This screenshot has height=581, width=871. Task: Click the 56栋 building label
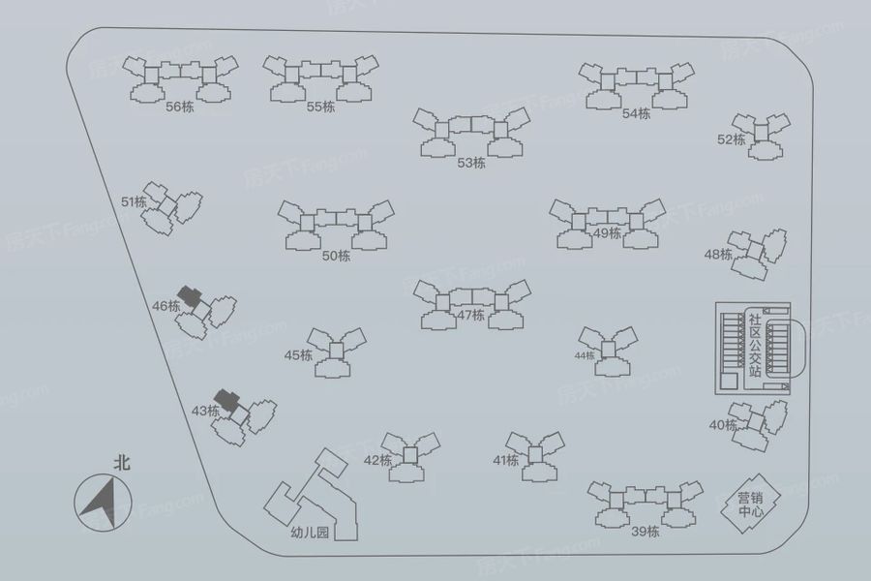180,107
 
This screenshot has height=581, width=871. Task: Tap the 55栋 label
320,107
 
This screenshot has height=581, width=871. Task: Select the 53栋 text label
471,163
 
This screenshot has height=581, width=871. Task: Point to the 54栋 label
636,113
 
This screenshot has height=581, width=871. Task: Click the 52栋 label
731,139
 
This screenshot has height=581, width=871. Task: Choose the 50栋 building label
336,256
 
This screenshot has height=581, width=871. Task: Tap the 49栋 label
607,233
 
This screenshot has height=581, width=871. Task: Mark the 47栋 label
471,316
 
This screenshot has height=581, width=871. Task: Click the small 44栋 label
585,355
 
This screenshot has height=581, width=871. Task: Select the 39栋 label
645,532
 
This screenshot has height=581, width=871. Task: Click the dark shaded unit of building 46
190,295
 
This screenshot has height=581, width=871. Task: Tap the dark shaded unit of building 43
227,399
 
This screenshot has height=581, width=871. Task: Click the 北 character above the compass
122,463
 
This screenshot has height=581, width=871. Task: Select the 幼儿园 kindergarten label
310,533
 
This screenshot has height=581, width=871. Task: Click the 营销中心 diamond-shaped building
750,504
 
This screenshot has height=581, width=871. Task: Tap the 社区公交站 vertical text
754,345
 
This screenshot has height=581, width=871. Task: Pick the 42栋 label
377,460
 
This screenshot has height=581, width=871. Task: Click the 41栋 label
505,460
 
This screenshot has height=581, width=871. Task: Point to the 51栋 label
134,201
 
